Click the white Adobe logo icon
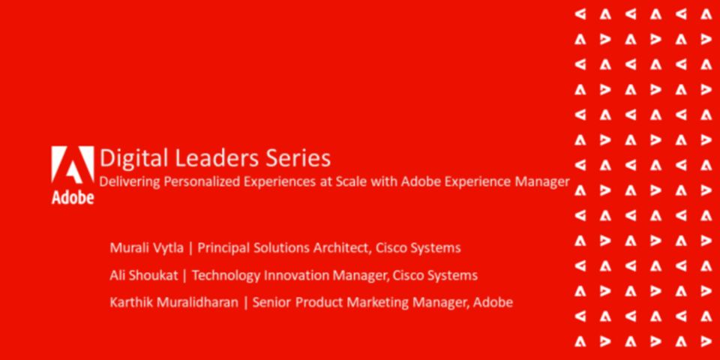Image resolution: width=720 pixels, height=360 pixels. coord(73,165)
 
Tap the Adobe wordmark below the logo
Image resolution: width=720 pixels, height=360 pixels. coord(73,198)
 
